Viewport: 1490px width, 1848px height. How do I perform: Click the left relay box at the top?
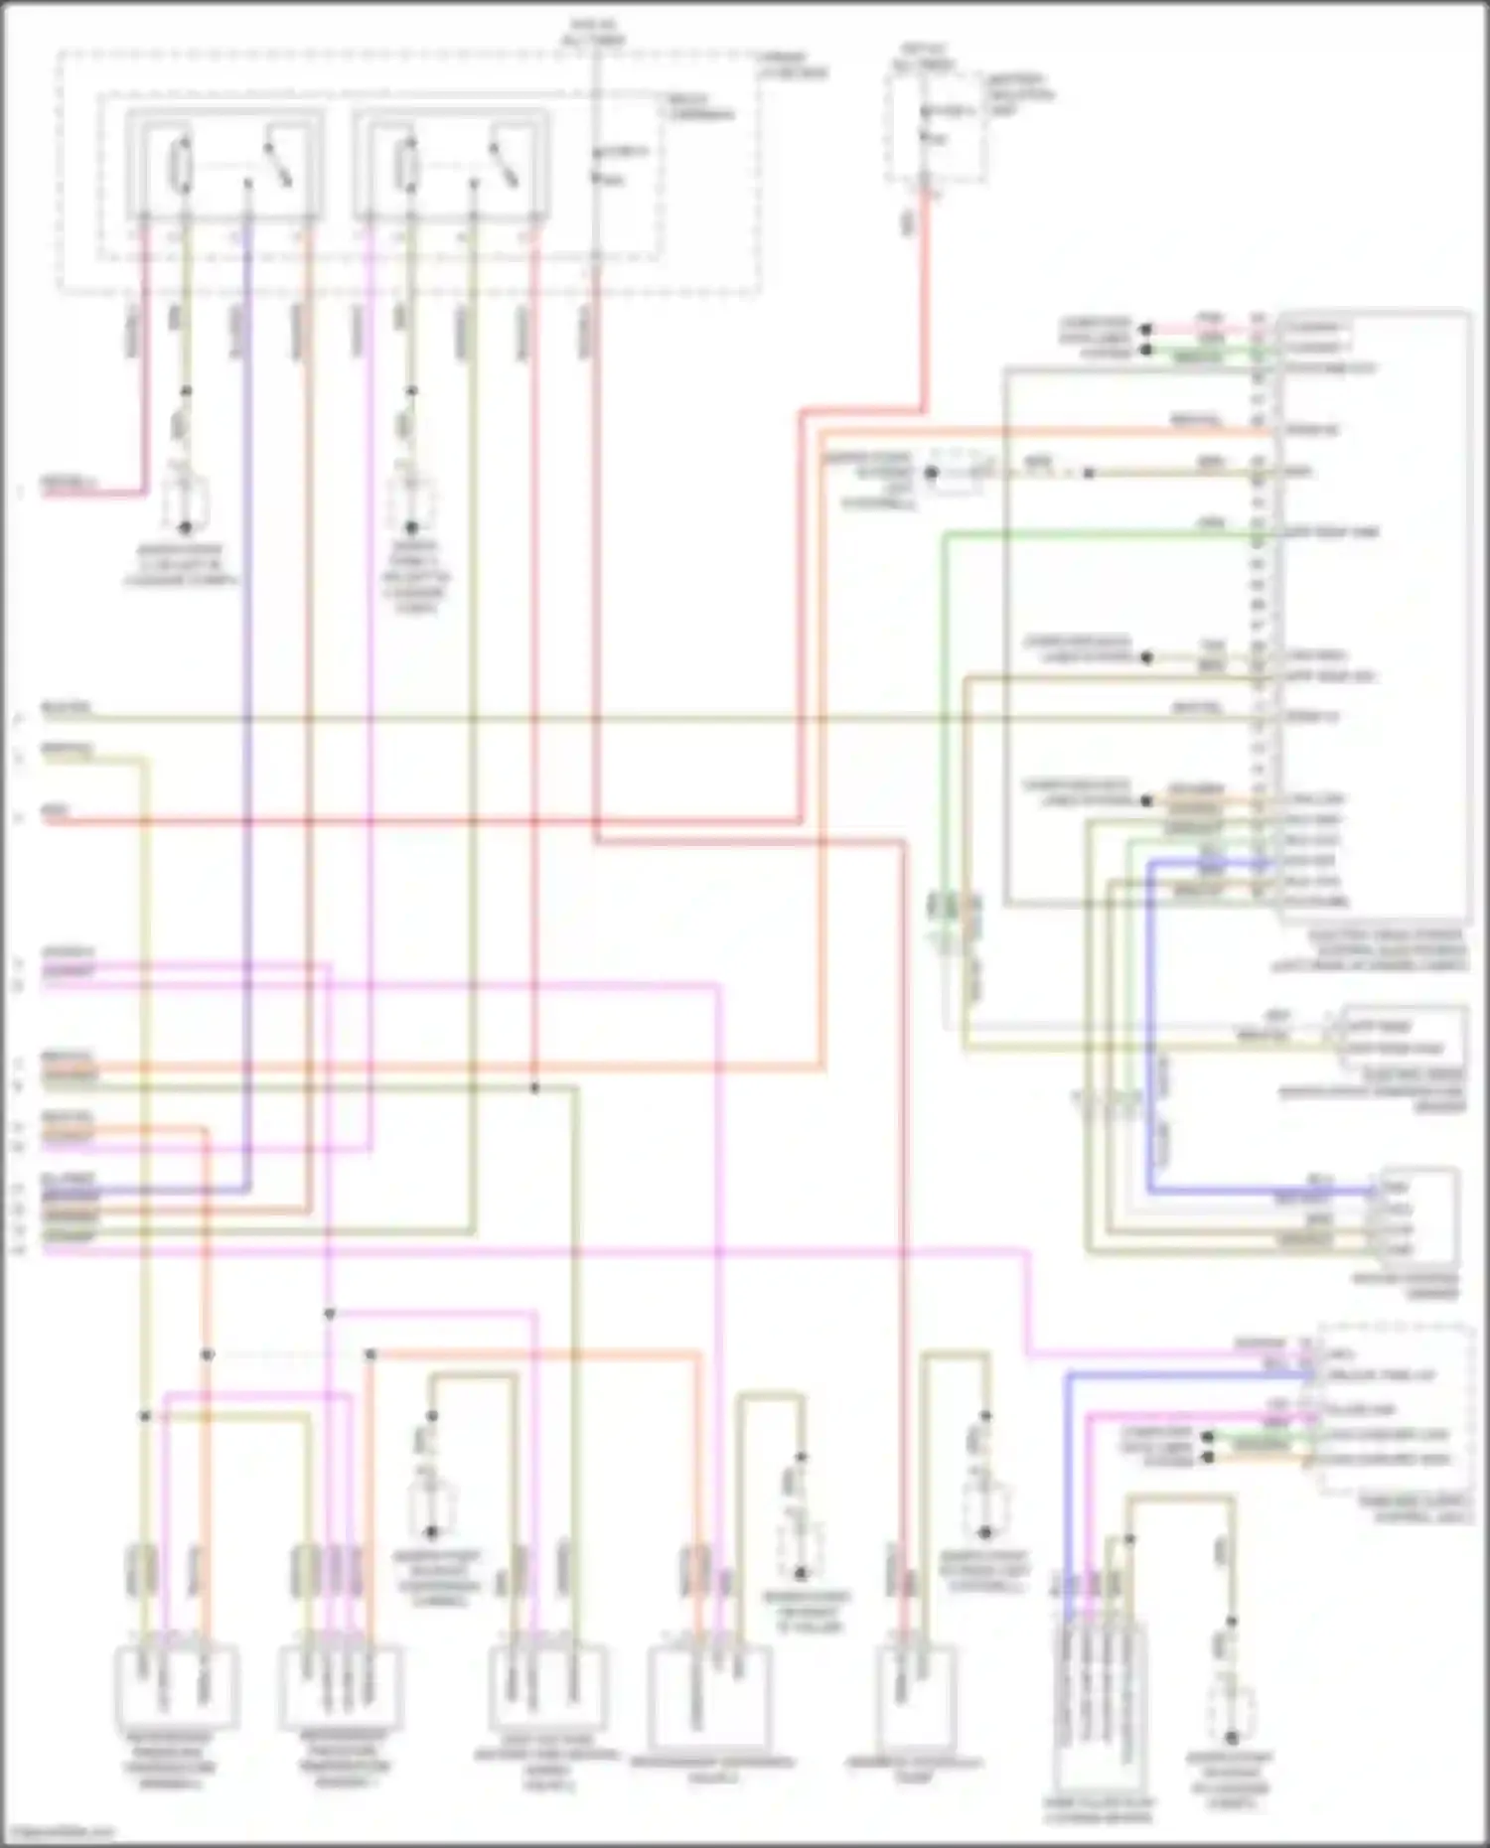[224, 165]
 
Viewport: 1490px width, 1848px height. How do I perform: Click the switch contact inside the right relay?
[503, 163]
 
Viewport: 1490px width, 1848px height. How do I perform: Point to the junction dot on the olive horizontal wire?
[534, 1087]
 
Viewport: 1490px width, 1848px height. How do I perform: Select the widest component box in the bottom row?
[709, 1698]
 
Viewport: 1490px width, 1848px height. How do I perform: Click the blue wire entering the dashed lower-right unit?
[1192, 1375]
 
